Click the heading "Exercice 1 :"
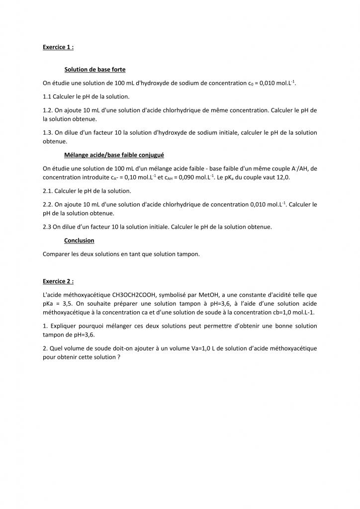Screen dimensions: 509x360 coord(58,47)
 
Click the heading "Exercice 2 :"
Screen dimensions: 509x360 coord(58,281)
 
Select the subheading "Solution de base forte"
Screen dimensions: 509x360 coord(95,70)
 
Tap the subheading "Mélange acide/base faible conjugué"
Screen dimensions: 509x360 coord(114,155)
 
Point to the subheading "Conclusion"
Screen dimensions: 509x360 coord(79,240)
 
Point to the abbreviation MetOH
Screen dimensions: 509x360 coord(205,294)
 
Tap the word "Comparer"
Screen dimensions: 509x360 coord(57,254)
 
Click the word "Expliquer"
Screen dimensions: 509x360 coord(64,326)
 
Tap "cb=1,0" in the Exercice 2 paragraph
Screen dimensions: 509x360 coord(274,312)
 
